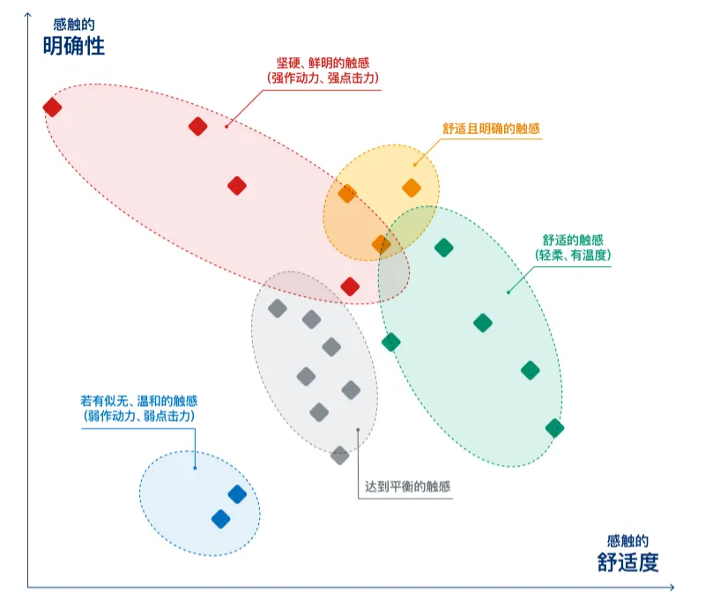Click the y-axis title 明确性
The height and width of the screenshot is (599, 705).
[x=73, y=45]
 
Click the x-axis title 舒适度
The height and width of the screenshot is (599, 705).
[x=627, y=562]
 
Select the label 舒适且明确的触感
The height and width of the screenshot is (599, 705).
[x=491, y=129]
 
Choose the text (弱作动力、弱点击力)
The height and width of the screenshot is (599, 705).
[x=138, y=415]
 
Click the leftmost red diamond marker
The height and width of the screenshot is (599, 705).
[x=52, y=107]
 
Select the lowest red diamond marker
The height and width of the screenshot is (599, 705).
[x=350, y=286]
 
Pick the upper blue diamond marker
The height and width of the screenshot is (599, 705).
[x=237, y=494]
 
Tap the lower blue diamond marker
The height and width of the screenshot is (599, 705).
[x=220, y=519]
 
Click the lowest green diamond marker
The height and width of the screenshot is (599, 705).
[x=554, y=428]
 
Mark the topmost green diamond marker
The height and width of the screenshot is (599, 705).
[x=444, y=248]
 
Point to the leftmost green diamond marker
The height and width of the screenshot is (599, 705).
[x=390, y=342]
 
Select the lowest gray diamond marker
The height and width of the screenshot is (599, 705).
[x=340, y=455]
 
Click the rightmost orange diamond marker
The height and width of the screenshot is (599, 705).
[x=412, y=187]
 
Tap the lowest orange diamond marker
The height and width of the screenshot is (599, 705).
[x=381, y=243]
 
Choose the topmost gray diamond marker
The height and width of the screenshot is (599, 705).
[x=278, y=307]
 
